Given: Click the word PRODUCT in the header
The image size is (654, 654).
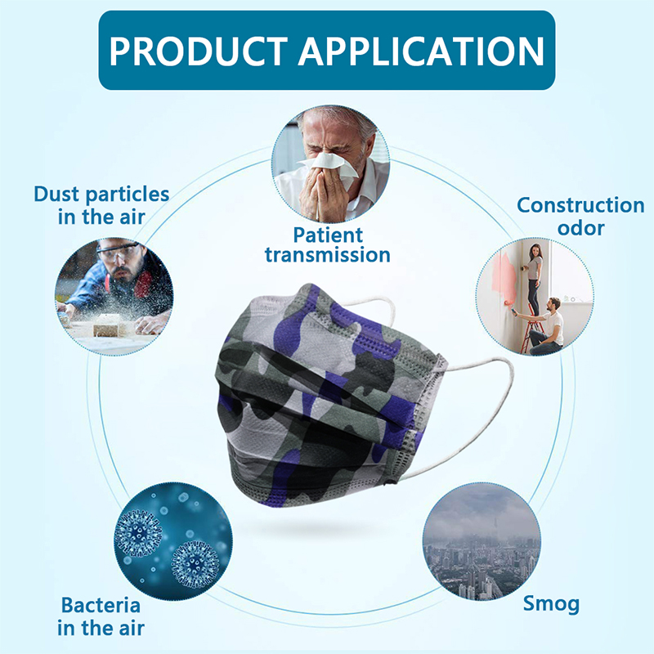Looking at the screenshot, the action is tap(199, 51).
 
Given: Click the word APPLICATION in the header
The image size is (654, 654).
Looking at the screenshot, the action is tap(421, 51).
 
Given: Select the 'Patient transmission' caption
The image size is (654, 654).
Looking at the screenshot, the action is tap(328, 244).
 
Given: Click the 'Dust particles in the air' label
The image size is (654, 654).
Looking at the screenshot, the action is tap(101, 205).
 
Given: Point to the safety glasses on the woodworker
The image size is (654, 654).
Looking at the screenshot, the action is tap(118, 252).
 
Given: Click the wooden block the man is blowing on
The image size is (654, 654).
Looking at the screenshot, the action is tap(107, 329).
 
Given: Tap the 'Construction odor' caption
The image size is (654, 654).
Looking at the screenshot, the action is tap(580, 217).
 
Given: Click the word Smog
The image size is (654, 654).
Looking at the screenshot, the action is tap(551, 604).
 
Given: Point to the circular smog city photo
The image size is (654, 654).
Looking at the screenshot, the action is tap(482, 542).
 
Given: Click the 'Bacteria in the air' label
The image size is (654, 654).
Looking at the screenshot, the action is tap(101, 616).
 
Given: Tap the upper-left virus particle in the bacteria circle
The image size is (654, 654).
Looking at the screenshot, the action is tap(138, 534).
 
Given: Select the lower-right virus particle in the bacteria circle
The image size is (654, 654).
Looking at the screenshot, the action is tap(195, 564).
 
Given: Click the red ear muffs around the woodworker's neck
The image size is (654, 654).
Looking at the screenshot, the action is tap(142, 283).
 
